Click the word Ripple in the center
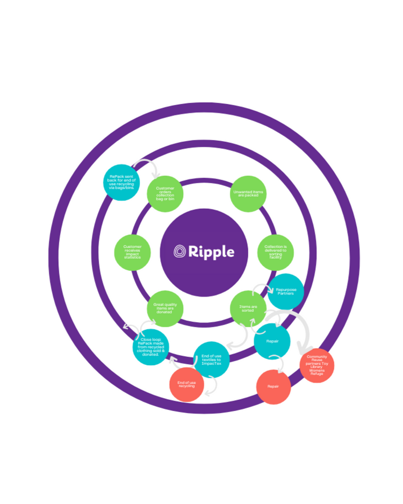[x=211, y=251]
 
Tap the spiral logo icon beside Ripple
[x=180, y=251]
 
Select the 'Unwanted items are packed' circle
[x=248, y=194]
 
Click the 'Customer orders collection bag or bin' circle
[x=165, y=193]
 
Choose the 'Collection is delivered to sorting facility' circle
[x=276, y=253]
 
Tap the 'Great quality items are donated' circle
[x=165, y=309]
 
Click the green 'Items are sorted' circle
[x=248, y=308]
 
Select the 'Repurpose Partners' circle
[x=285, y=292]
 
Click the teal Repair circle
[x=272, y=341]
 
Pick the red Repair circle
[x=274, y=386]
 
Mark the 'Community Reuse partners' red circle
[x=317, y=365]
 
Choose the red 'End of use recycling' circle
[x=186, y=385]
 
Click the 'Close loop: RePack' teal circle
[x=151, y=348]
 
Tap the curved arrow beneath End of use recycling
[x=212, y=386]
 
